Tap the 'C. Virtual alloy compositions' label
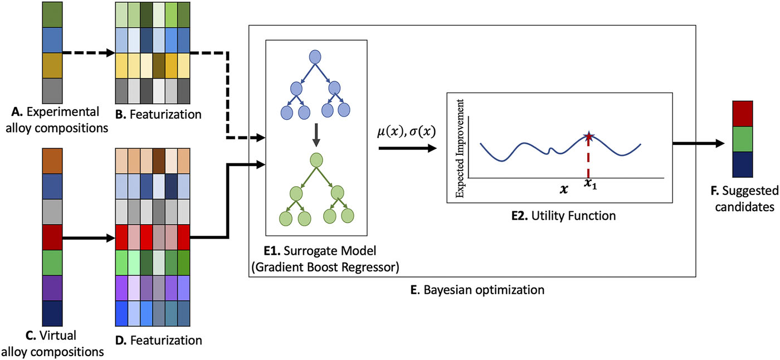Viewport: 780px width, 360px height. tap(53, 343)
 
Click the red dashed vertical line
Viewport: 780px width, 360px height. tap(588, 159)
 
